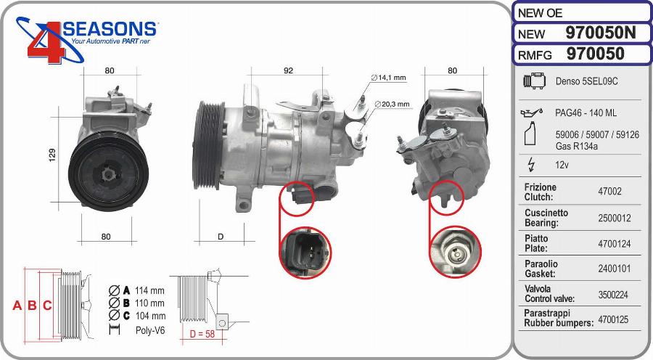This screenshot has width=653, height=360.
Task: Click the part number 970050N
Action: tap(600, 33)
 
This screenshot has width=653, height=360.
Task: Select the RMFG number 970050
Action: tap(595, 54)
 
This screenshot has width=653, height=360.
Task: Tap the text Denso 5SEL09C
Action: tap(586, 81)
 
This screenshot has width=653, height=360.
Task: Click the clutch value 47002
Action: tap(609, 192)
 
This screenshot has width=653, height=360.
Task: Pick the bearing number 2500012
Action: tap(613, 218)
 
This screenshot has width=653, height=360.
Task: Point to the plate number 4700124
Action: tap(613, 244)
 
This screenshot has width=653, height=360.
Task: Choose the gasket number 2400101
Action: tap(613, 269)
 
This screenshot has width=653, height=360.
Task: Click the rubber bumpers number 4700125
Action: tap(613, 319)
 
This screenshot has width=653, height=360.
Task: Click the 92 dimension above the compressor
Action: tap(287, 70)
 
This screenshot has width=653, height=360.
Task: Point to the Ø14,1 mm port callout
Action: tap(389, 78)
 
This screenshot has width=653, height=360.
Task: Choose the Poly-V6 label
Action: tap(150, 330)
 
